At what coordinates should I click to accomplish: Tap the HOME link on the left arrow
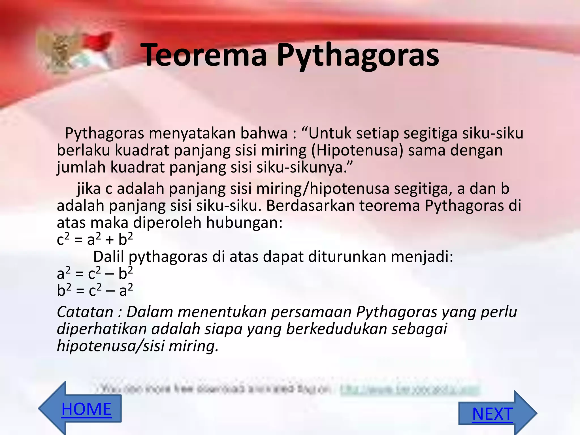[x=86, y=409]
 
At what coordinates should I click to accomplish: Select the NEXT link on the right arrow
[x=492, y=414]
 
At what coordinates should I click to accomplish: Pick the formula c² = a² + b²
[x=95, y=240]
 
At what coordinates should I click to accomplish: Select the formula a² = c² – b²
[x=95, y=274]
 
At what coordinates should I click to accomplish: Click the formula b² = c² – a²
[x=95, y=291]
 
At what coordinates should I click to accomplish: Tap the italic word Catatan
[x=85, y=312]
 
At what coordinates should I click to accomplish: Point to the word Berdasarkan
[x=310, y=206]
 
